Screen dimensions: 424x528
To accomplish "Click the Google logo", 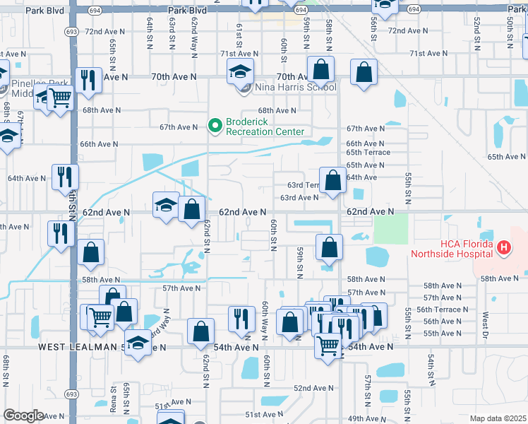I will [x=23, y=416].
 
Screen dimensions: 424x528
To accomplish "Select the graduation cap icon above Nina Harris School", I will [x=240, y=72].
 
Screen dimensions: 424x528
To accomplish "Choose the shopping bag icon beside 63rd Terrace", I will [x=333, y=180].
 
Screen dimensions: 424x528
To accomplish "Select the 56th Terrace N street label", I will [x=442, y=310].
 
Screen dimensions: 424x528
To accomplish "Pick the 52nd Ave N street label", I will [x=313, y=388].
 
